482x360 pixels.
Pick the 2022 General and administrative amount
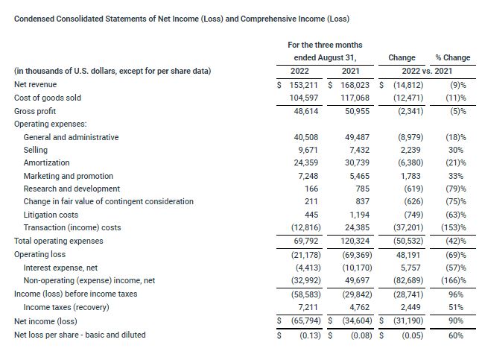[x=308, y=137]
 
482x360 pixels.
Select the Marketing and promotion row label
[x=69, y=176]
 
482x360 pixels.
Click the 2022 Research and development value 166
[x=313, y=189]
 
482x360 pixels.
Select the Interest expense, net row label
[x=60, y=267]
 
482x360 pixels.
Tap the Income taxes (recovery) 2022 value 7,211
[x=310, y=306]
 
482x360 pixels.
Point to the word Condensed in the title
[x=35, y=18]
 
